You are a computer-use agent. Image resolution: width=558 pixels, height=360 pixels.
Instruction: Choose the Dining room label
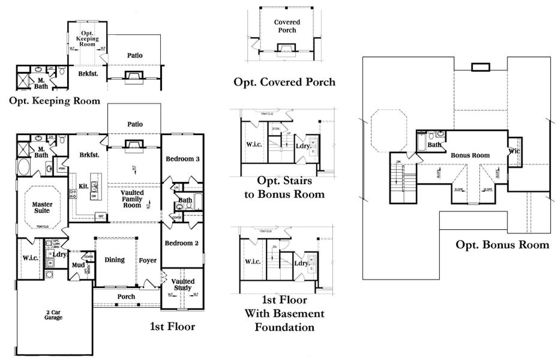click(x=114, y=260)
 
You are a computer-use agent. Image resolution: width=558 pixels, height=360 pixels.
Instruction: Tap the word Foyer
click(x=148, y=260)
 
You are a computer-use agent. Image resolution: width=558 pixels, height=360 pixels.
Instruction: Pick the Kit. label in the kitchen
click(x=83, y=187)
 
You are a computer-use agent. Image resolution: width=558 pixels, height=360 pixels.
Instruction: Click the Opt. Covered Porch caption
click(x=285, y=82)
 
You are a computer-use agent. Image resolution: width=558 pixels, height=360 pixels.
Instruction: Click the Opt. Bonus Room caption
click(x=502, y=244)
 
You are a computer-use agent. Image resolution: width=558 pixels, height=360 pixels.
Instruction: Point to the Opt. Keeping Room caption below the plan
click(x=55, y=100)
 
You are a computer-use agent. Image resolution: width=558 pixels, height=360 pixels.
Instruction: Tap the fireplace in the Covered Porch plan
click(x=284, y=48)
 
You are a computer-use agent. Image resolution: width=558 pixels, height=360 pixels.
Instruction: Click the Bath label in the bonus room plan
click(x=435, y=145)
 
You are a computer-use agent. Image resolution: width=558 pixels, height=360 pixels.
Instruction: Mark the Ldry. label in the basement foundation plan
click(x=302, y=263)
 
